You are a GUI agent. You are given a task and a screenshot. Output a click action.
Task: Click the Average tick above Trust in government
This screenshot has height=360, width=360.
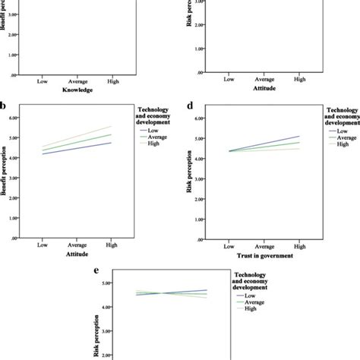264,247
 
